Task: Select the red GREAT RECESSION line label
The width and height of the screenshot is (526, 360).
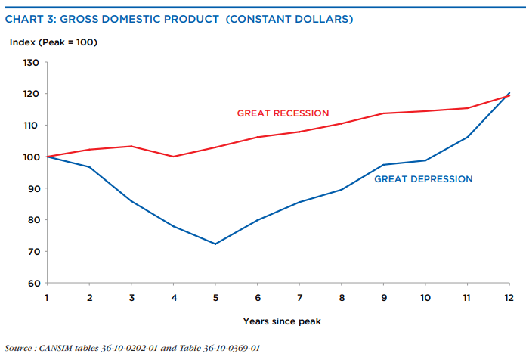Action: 283,113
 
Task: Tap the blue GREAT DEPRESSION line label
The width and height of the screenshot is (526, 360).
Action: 423,179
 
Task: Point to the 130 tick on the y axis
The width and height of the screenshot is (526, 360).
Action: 30,62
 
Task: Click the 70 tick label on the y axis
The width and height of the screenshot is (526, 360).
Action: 32,252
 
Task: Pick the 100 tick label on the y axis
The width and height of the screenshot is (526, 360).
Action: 30,157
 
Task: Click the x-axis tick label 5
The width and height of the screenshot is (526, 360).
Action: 215,297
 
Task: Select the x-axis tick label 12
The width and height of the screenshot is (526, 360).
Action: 509,297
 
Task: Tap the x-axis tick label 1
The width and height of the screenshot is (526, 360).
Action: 47,297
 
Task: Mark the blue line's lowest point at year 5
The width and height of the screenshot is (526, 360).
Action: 215,244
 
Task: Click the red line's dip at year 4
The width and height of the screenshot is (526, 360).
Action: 173,157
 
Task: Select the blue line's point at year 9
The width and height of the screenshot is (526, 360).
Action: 383,165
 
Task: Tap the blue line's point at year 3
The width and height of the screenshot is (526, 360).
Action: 131,201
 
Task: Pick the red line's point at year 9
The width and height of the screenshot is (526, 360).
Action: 383,113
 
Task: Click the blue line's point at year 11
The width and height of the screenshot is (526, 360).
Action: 467,137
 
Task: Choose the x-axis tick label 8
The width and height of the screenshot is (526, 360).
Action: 341,297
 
